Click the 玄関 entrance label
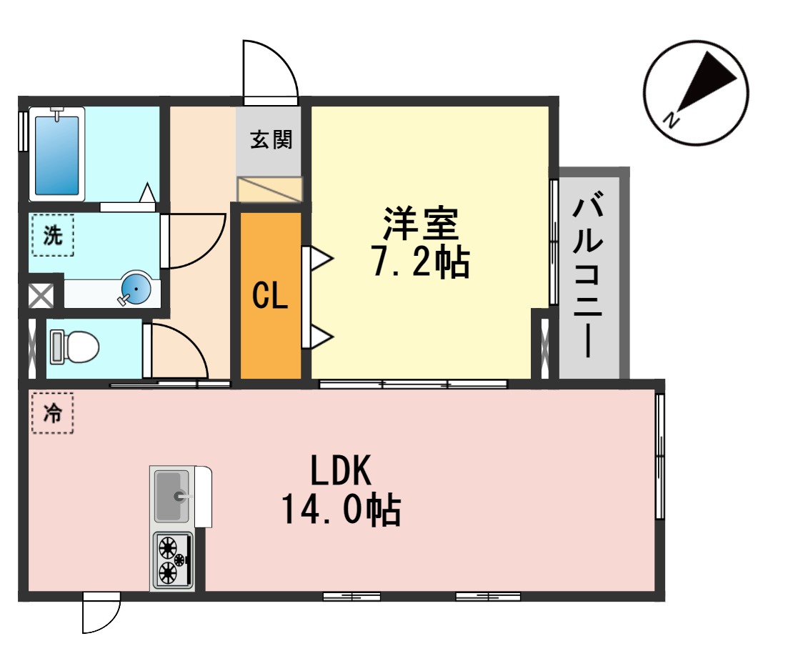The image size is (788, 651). click(x=271, y=139)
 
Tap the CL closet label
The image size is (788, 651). click(x=270, y=296)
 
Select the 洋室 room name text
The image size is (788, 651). click(x=421, y=224)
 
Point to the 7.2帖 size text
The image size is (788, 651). click(x=421, y=262)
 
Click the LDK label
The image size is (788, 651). click(x=341, y=470)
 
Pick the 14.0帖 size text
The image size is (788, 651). click(x=341, y=510)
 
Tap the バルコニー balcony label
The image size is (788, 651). click(x=588, y=274)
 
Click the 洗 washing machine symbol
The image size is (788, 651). click(x=53, y=235)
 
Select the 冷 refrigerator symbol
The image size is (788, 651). click(x=53, y=413)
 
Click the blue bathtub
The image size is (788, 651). click(x=56, y=154)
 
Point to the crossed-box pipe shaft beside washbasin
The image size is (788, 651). click(x=41, y=296)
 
